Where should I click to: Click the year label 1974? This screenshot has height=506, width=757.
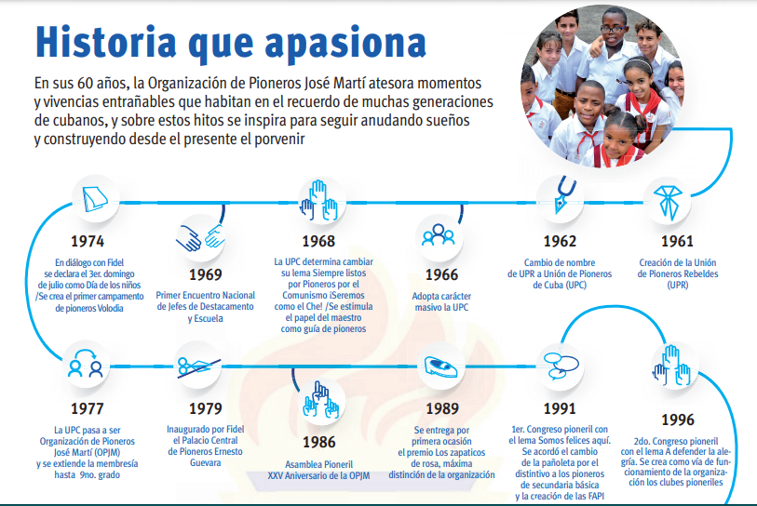pos(88,241)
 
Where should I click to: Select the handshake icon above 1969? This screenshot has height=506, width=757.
pos(200,237)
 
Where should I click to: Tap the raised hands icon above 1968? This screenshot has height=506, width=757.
pos(319,200)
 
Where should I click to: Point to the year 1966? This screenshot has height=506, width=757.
pos(441,275)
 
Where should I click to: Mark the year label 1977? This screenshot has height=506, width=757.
pos(87,409)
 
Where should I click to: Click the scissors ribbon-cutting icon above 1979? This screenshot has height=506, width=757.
pos(198,366)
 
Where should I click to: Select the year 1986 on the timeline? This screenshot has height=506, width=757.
pos(318,443)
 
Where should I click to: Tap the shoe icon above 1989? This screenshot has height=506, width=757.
pos(439,367)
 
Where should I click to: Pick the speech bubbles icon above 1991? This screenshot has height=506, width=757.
pos(561,366)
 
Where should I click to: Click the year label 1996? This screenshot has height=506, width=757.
pos(677,420)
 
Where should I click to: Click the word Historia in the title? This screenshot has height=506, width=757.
pos(106,43)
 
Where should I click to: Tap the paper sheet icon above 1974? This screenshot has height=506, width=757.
pos(95,199)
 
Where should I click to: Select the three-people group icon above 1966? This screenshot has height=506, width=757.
pos(439,235)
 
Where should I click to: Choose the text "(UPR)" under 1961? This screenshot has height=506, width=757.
pos(677,285)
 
